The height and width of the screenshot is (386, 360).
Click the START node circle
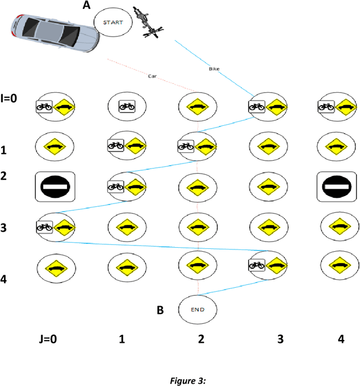[x=114, y=22]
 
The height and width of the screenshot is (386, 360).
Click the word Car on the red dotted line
[x=152, y=75]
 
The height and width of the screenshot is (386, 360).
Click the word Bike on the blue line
[x=214, y=69]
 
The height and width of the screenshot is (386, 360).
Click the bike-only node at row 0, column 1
[x=126, y=105]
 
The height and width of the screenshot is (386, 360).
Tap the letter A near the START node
[x=86, y=5]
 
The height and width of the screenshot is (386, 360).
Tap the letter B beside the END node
[x=160, y=308]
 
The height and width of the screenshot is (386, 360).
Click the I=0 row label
[x=9, y=98]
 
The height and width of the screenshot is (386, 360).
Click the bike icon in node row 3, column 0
[x=44, y=226]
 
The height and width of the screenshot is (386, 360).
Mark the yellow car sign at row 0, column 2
[x=197, y=105]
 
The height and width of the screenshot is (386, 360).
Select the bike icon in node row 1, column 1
[x=116, y=145]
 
